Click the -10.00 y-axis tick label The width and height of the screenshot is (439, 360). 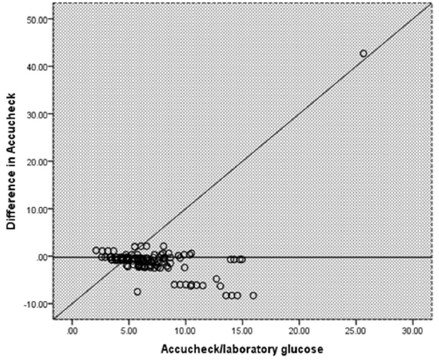pyautogui.click(x=36, y=304)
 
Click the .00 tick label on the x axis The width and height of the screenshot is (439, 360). pyautogui.click(x=72, y=331)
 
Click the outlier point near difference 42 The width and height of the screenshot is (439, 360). pyautogui.click(x=364, y=53)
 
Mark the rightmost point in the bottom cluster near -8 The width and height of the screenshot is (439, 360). pyautogui.click(x=253, y=296)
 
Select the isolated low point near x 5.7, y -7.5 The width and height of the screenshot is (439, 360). pyautogui.click(x=138, y=292)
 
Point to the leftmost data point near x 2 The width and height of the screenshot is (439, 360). pyautogui.click(x=96, y=250)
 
